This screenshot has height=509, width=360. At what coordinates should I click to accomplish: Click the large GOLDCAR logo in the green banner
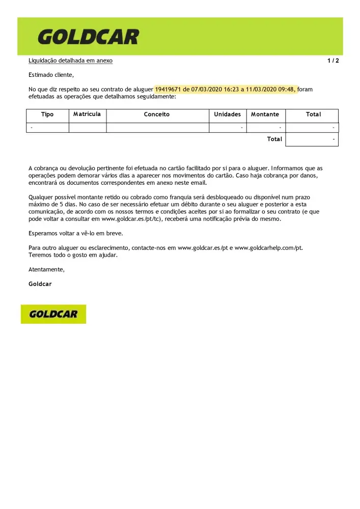click(88, 37)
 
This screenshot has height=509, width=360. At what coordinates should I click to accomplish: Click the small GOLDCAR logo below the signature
click(53, 314)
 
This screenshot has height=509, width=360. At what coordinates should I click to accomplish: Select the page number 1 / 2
click(333, 61)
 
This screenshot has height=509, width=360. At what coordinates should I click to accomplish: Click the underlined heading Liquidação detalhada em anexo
click(70, 61)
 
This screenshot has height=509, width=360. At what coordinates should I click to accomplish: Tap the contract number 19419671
click(168, 89)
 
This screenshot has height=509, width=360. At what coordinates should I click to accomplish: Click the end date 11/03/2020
click(261, 89)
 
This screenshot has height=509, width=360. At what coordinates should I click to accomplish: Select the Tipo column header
click(47, 115)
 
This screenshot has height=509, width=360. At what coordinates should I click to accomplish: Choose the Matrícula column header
click(87, 114)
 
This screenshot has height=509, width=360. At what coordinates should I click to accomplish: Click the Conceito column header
click(157, 115)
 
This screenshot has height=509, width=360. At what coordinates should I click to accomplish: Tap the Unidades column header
click(227, 115)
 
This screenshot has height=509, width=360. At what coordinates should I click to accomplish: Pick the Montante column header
click(265, 115)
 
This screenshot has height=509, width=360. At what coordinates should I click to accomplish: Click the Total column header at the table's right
click(313, 115)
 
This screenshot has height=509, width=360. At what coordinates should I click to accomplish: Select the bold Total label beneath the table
click(274, 139)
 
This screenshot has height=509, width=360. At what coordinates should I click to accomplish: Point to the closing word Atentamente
click(46, 269)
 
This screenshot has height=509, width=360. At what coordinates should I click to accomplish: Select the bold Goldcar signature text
click(40, 284)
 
